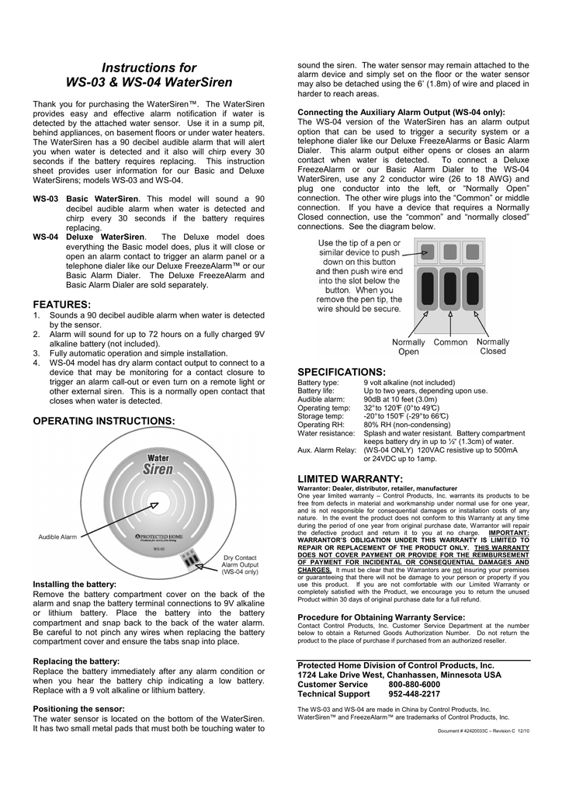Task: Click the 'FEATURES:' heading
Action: (62, 304)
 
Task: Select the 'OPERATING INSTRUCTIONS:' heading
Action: (104, 421)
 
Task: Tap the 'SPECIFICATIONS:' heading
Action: (342, 373)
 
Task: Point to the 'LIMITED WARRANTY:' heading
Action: (350, 478)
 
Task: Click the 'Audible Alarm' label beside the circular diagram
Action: (58, 537)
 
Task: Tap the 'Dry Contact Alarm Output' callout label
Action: (241, 564)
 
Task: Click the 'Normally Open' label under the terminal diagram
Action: (408, 346)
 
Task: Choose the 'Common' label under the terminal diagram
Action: (450, 342)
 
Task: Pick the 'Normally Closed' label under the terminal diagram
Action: (493, 346)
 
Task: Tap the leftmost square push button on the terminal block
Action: (427, 252)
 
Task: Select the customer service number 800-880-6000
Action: (414, 685)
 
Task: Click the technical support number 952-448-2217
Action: (414, 694)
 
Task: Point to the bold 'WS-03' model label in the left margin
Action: (45, 199)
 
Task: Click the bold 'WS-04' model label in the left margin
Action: (45, 237)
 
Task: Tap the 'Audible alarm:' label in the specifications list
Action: (321, 399)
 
